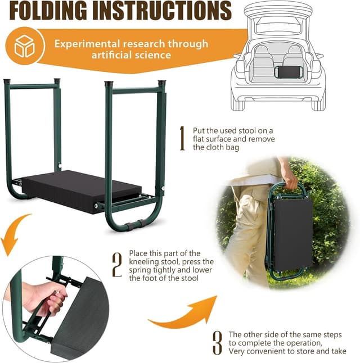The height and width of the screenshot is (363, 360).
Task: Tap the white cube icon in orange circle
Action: pyautogui.click(x=24, y=46)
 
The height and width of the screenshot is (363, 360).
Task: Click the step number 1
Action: pyautogui.click(x=182, y=138)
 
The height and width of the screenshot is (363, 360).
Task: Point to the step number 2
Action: pyautogui.click(x=117, y=265)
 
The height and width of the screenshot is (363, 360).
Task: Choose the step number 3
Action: pyautogui.click(x=217, y=342)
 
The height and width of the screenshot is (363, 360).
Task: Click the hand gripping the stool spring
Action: pyautogui.click(x=48, y=298)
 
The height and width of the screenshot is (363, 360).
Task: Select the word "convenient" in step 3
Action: pyautogui.click(x=264, y=351)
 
